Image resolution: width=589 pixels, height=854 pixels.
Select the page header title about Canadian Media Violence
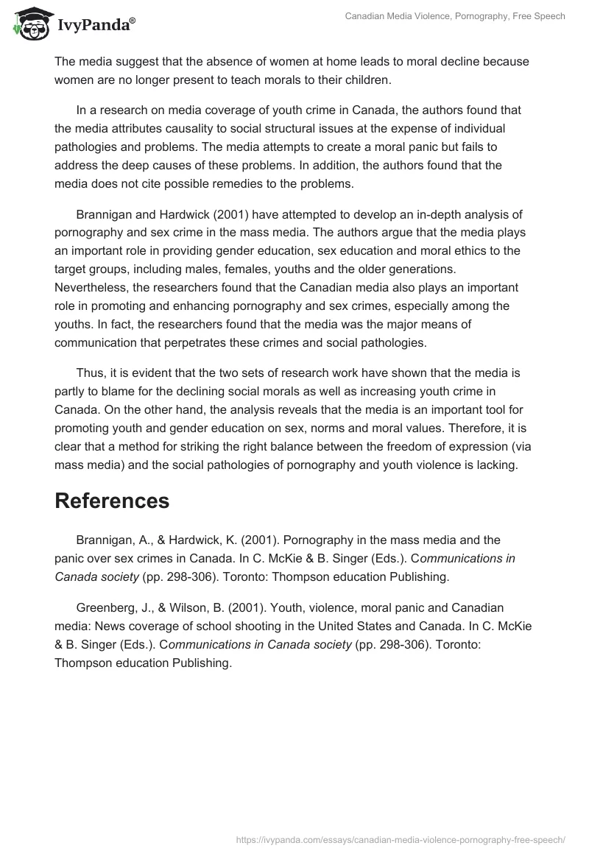pyautogui.click(x=455, y=16)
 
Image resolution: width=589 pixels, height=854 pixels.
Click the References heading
pyautogui.click(x=112, y=501)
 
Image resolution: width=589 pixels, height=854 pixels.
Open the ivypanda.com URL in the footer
pyautogui.click(x=401, y=839)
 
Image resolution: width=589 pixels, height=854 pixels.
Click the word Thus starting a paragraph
pyautogui.click(x=89, y=374)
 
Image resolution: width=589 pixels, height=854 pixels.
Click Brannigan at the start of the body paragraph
pyautogui.click(x=105, y=215)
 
